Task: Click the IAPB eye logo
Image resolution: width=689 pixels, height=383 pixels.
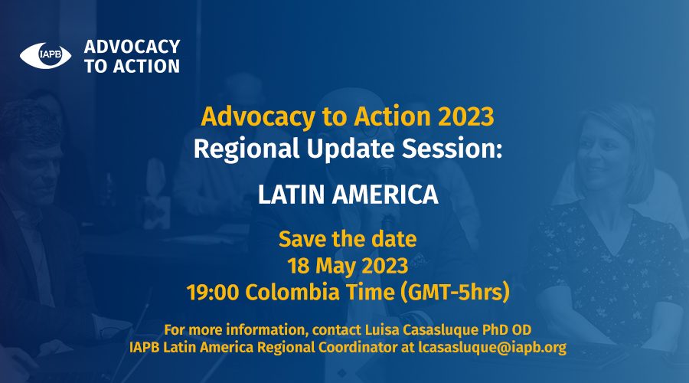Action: [45, 55]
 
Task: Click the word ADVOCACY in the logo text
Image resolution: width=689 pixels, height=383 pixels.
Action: [132, 47]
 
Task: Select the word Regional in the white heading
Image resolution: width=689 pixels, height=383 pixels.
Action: [247, 148]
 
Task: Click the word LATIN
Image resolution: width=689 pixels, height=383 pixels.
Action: [292, 195]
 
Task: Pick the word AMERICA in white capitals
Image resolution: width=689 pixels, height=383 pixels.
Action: [385, 195]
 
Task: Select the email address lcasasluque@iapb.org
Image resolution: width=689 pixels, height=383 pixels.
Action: [492, 348]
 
